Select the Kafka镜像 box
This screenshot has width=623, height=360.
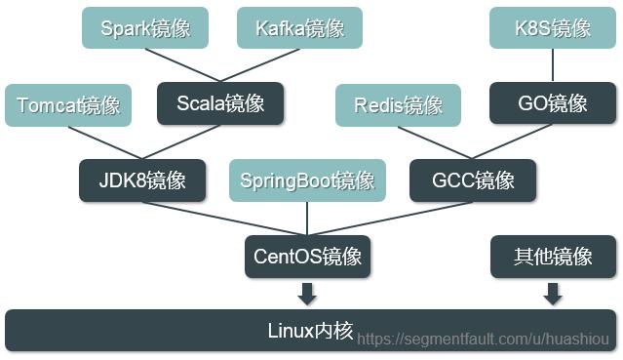pyautogui.click(x=299, y=27)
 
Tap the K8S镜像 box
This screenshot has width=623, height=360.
pyautogui.click(x=553, y=27)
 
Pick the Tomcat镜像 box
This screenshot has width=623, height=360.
pyautogui.click(x=67, y=104)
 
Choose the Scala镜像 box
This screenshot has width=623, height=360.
pyautogui.click(x=220, y=102)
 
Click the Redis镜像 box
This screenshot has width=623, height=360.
pyautogui.click(x=399, y=104)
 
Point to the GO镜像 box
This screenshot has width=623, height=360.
pyautogui.click(x=553, y=102)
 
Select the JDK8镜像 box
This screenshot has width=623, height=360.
pyautogui.click(x=142, y=180)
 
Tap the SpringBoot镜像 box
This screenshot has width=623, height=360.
pyautogui.click(x=307, y=180)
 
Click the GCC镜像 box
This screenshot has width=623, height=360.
pyautogui.click(x=474, y=180)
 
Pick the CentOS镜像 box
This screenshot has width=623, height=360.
pyautogui.click(x=307, y=257)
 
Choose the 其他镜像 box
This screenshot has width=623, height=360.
pyautogui.click(x=553, y=257)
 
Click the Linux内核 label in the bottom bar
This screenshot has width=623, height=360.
pyautogui.click(x=310, y=330)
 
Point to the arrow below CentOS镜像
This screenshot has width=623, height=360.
pyautogui.click(x=307, y=293)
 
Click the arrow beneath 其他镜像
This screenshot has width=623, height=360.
pyautogui.click(x=553, y=293)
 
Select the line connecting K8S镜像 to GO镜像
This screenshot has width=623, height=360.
pyautogui.click(x=553, y=64)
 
